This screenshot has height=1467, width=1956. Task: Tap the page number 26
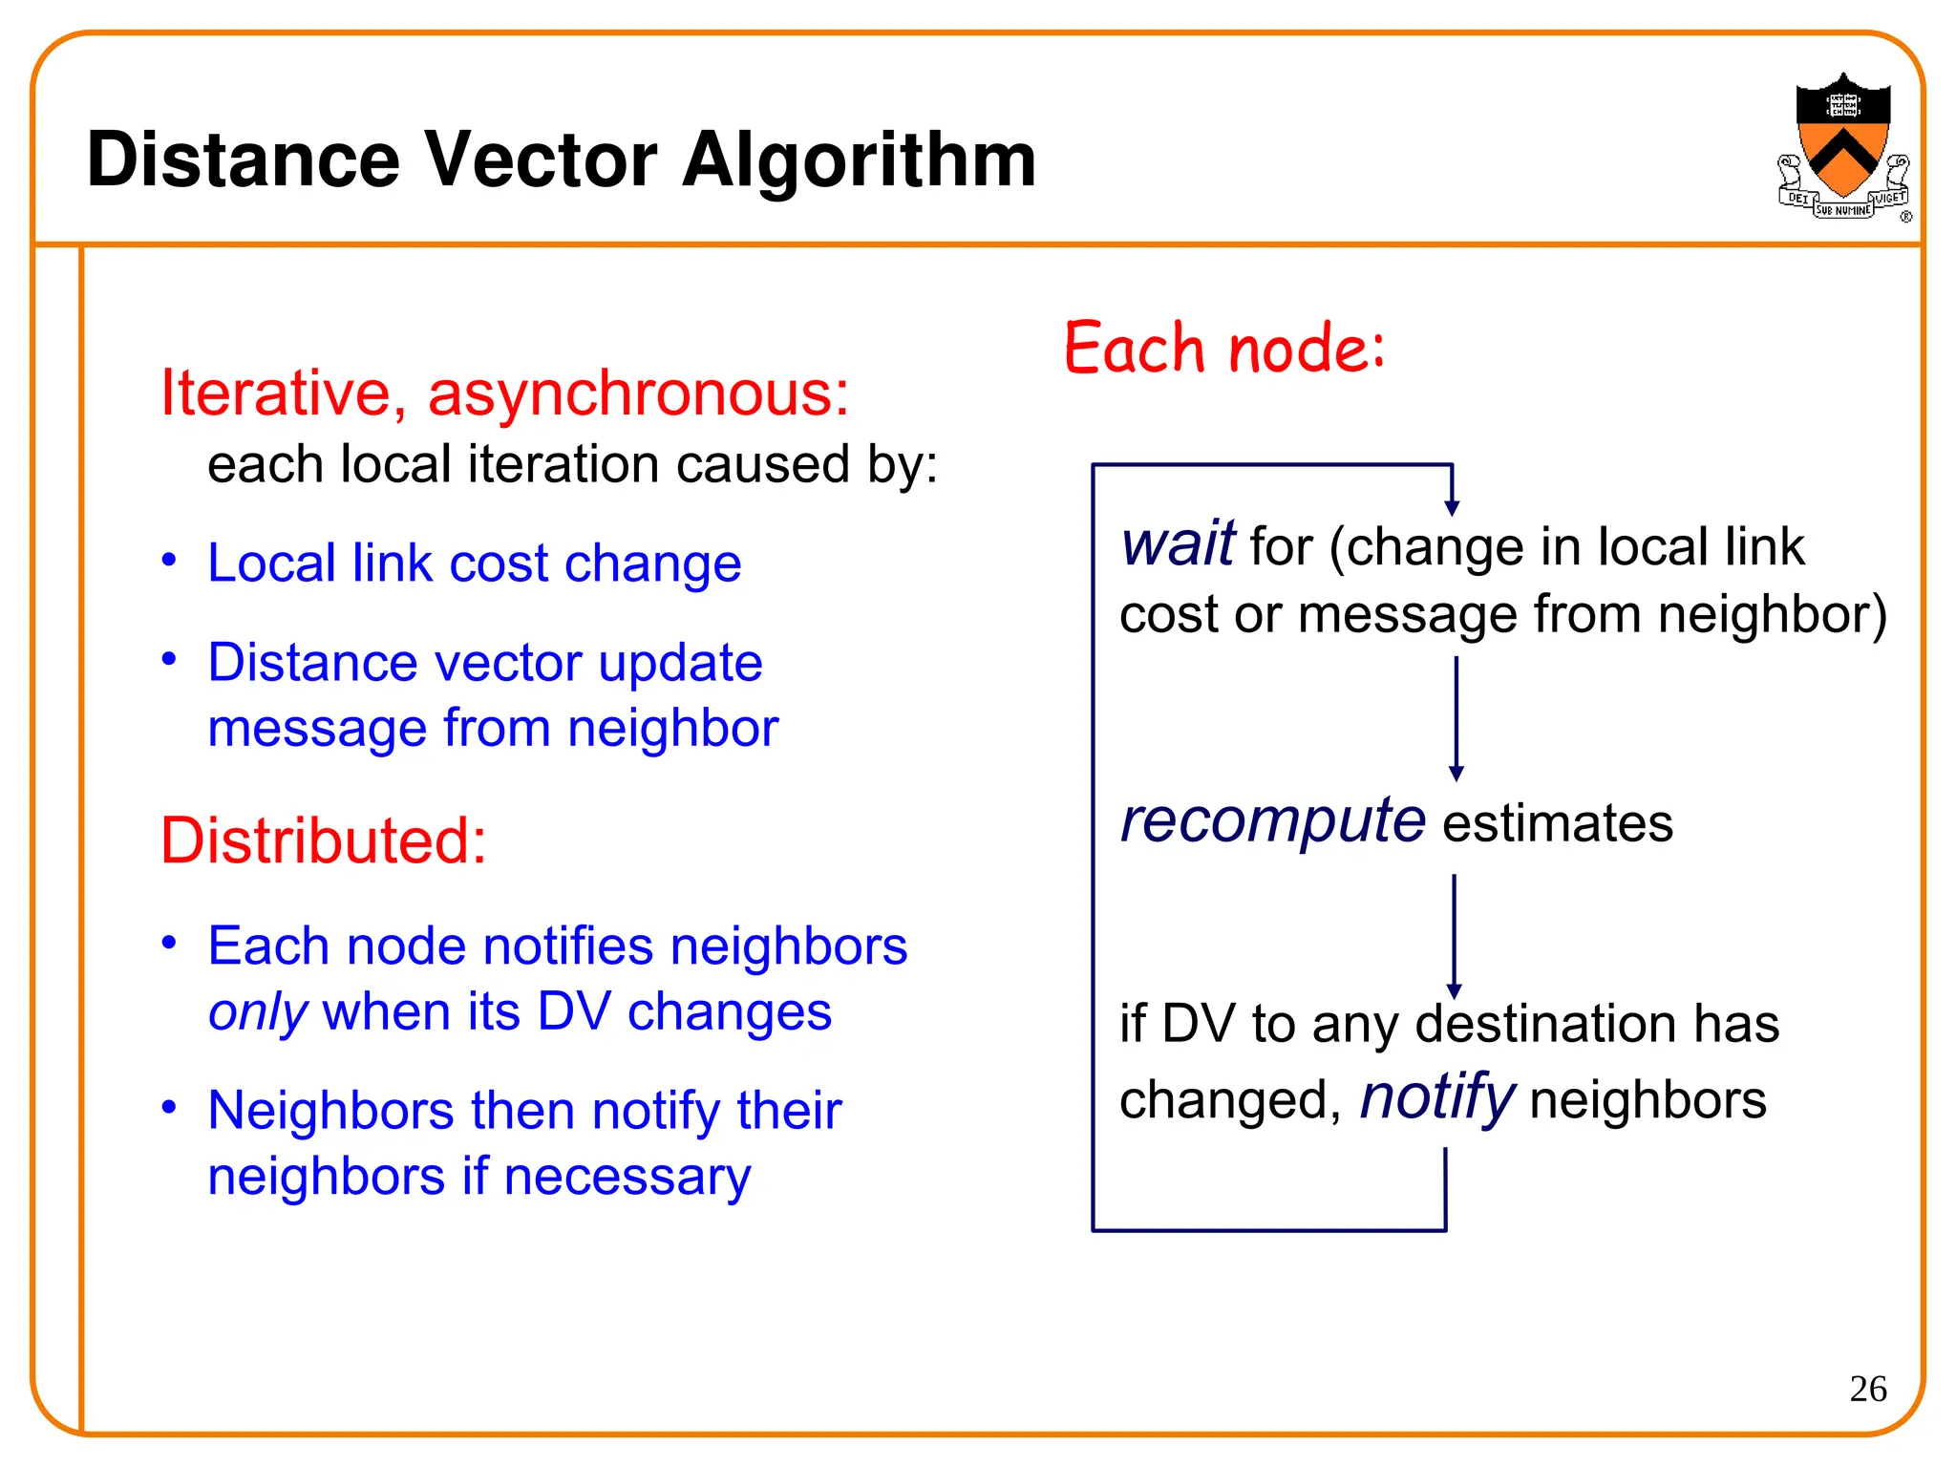pyautogui.click(x=1867, y=1389)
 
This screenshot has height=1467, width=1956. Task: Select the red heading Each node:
pyautogui.click(x=1223, y=348)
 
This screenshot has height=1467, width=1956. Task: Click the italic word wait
pyautogui.click(x=1179, y=544)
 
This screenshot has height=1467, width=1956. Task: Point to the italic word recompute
pyautogui.click(x=1273, y=820)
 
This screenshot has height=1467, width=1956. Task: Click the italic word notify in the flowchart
pyautogui.click(x=1436, y=1097)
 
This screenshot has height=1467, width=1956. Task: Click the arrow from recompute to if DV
pyautogui.click(x=1454, y=936)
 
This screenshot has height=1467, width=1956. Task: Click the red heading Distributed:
pyautogui.click(x=323, y=841)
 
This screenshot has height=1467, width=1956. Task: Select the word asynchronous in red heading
pyautogui.click(x=637, y=393)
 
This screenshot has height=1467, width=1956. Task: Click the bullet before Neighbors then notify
pyautogui.click(x=169, y=1107)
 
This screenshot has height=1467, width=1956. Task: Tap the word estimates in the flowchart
pyautogui.click(x=1557, y=824)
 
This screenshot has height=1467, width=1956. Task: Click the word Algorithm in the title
pyautogui.click(x=859, y=160)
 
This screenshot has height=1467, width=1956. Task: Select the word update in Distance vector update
pyautogui.click(x=680, y=663)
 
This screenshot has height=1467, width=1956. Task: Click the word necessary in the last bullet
pyautogui.click(x=627, y=1177)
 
